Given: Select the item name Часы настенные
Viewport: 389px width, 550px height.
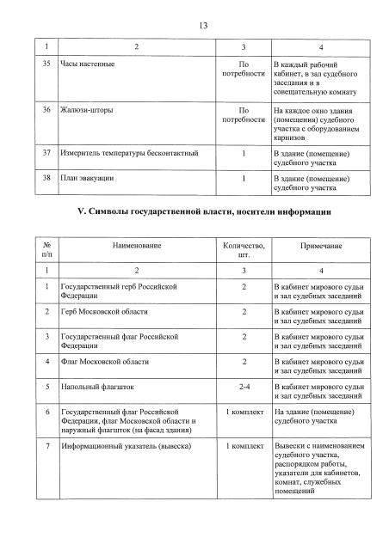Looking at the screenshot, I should point(89,65).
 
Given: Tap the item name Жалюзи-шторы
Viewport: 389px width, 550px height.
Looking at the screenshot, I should point(86,111).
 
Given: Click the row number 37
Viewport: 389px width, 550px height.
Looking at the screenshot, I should point(46,154).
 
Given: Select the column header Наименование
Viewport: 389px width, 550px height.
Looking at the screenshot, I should point(136,247).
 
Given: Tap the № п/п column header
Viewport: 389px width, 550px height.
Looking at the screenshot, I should point(46,251).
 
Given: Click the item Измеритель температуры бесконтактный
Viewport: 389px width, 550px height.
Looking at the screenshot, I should point(130,154).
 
